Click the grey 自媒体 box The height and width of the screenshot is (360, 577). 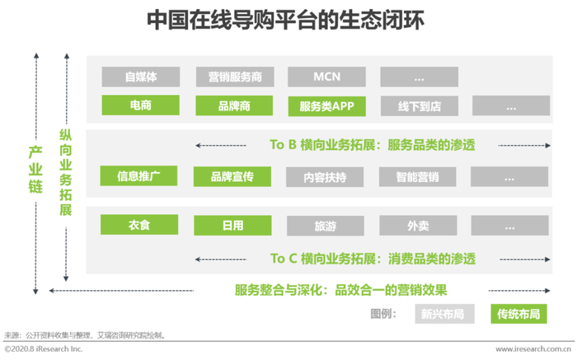141,77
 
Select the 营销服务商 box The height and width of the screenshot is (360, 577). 235,77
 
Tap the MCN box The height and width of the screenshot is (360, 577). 326,77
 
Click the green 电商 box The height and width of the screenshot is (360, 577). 141,105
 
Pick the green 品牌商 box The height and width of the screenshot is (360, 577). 234,105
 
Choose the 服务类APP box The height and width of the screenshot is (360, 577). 326,106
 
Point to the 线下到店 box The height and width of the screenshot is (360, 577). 420,106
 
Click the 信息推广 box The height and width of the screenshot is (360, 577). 138,175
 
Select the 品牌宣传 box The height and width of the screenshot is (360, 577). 232,176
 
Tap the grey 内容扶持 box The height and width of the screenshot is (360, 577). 325,177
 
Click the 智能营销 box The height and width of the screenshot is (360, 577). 418,177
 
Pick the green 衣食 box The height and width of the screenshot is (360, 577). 139,225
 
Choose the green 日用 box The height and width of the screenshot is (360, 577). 233,226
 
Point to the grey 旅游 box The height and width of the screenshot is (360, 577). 326,226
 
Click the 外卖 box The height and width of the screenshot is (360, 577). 419,226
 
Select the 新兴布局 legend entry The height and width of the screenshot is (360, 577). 444,314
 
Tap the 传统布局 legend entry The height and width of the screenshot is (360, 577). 518,314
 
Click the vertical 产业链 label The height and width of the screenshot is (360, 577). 35,169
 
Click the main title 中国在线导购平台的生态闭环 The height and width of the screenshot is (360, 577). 285,20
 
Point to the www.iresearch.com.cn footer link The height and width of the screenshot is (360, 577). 533,349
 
